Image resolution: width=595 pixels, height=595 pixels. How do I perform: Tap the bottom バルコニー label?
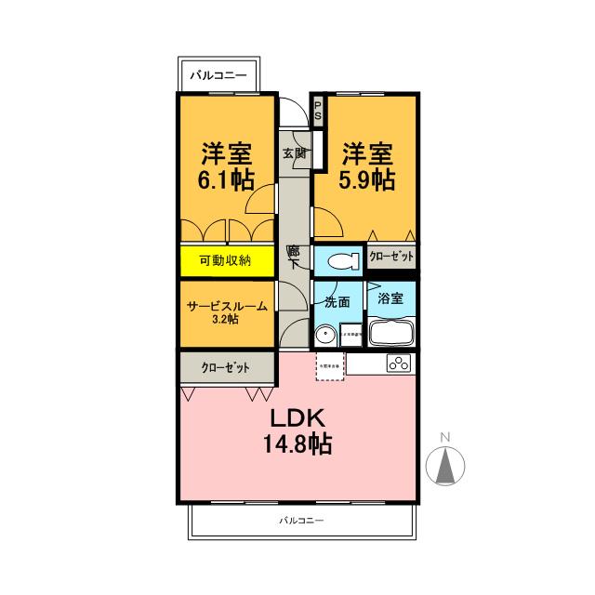(x=300, y=521)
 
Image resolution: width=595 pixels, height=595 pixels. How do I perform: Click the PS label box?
(x=317, y=112)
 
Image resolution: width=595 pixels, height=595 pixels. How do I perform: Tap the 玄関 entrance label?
(x=294, y=153)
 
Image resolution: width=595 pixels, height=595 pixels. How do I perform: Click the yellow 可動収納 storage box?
(x=226, y=261)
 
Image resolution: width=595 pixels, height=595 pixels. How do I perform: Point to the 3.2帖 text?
(x=225, y=319)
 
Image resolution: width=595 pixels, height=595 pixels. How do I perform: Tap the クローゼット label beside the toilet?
(x=390, y=256)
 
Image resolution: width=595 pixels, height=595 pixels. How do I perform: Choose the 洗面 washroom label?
(x=337, y=301)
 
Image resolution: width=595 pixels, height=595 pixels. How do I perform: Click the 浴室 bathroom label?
(x=390, y=299)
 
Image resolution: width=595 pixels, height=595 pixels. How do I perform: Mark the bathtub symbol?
(x=393, y=332)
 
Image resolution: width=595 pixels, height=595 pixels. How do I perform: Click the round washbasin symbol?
(x=325, y=335)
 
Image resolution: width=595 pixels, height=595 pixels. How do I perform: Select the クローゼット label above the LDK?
(x=226, y=367)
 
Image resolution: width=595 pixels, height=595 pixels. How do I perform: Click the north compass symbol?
(x=444, y=462)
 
